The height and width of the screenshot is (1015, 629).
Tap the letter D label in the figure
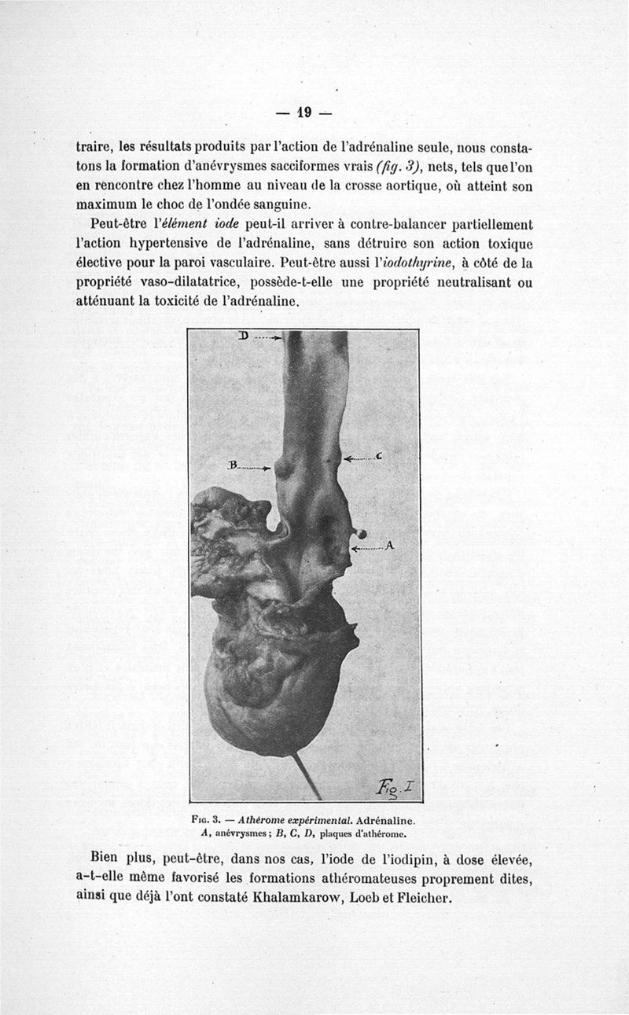click(243, 336)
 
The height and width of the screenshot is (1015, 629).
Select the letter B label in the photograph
click(232, 465)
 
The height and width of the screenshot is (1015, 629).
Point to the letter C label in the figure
click(379, 456)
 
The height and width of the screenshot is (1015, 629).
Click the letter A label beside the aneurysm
click(389, 546)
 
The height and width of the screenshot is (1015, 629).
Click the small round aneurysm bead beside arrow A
click(361, 533)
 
